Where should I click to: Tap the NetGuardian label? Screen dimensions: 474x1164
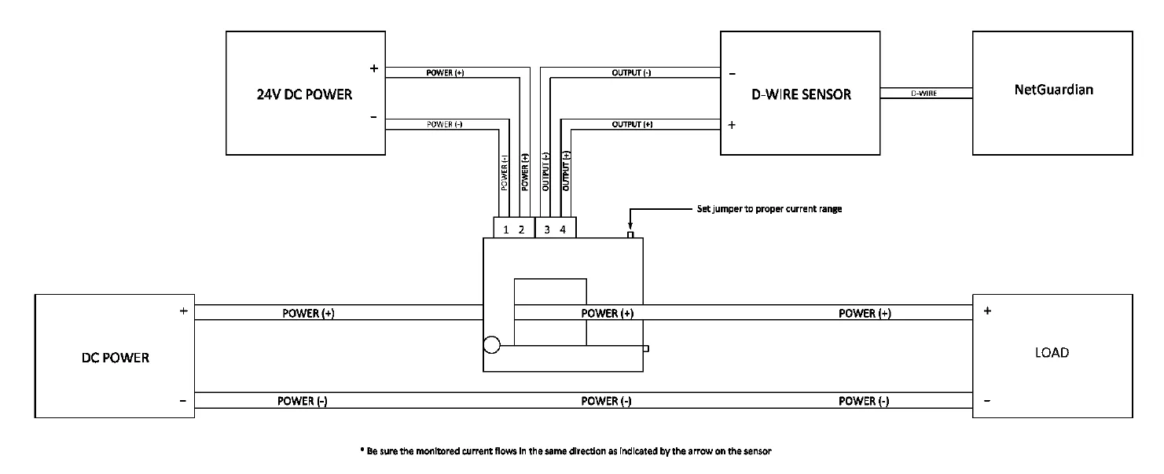pos(1052,90)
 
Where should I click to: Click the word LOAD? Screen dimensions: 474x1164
pos(1052,353)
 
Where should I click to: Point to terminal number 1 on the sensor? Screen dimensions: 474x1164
pos(506,230)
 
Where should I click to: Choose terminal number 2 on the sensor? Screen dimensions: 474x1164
pos(521,230)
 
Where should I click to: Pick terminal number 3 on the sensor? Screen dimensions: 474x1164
pos(548,230)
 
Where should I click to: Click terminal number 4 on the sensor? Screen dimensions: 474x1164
pos(563,230)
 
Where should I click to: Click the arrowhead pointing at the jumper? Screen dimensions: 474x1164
pos(630,226)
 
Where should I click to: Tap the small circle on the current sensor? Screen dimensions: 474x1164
pos(491,345)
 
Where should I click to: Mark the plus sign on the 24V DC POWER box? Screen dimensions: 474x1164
pos(374,69)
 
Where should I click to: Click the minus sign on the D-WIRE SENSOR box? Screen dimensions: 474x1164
pos(733,74)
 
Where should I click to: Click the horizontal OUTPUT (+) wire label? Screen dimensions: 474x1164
pos(631,124)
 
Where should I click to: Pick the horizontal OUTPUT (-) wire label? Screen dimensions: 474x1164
pos(631,73)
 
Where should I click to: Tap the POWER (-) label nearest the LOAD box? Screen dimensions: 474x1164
pos(864,402)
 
